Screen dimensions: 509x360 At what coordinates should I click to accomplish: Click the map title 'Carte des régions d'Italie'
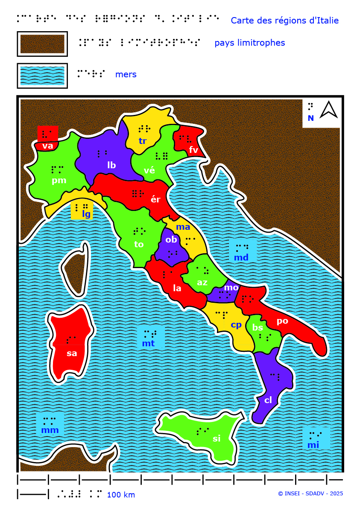pos(284,20)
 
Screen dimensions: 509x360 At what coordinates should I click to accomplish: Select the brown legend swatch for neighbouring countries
pos(42,44)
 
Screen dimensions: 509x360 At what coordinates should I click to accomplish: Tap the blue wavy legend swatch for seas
pos(42,76)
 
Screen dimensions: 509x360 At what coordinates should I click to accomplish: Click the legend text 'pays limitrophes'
pos(249,43)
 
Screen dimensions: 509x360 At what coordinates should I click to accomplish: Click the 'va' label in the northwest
pos(48,146)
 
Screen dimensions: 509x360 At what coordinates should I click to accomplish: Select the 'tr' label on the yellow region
pos(143,141)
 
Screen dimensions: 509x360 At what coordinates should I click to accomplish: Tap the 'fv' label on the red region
pos(194,149)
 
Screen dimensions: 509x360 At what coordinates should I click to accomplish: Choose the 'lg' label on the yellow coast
pos(86,214)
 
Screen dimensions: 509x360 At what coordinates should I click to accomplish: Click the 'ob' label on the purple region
pos(171,240)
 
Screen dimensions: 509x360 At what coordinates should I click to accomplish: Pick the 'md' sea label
pos(241,257)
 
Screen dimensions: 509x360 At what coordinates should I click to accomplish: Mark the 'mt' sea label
pos(148,343)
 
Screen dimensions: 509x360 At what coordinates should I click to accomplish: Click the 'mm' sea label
pos(50,430)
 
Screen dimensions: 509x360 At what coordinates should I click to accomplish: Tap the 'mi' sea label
pos(313,445)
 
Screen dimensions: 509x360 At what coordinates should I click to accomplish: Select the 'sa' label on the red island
pos(72,353)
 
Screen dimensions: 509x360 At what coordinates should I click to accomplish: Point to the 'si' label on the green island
pos(217,438)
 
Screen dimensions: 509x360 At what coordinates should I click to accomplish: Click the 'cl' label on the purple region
pos(268,400)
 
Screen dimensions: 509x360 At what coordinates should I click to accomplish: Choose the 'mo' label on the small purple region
pos(231,287)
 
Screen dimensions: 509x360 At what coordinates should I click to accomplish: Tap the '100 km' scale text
pos(121,495)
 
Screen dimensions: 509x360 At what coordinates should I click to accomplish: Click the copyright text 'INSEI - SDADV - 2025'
pos(310,494)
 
